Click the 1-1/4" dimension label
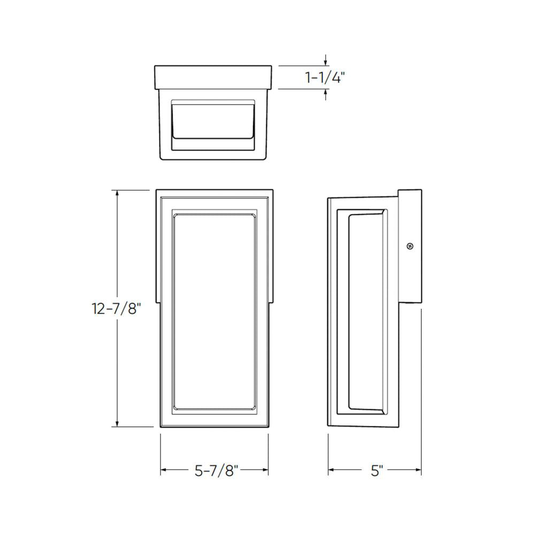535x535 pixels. [325, 78]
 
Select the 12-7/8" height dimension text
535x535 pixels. [117, 309]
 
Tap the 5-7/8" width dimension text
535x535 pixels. [216, 471]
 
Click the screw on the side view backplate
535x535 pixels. [410, 246]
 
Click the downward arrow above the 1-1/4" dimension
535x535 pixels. [326, 62]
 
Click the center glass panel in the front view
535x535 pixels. [215, 313]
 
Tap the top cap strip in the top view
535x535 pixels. [213, 77]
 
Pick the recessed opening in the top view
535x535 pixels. [212, 123]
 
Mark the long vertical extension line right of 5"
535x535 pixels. [422, 391]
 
